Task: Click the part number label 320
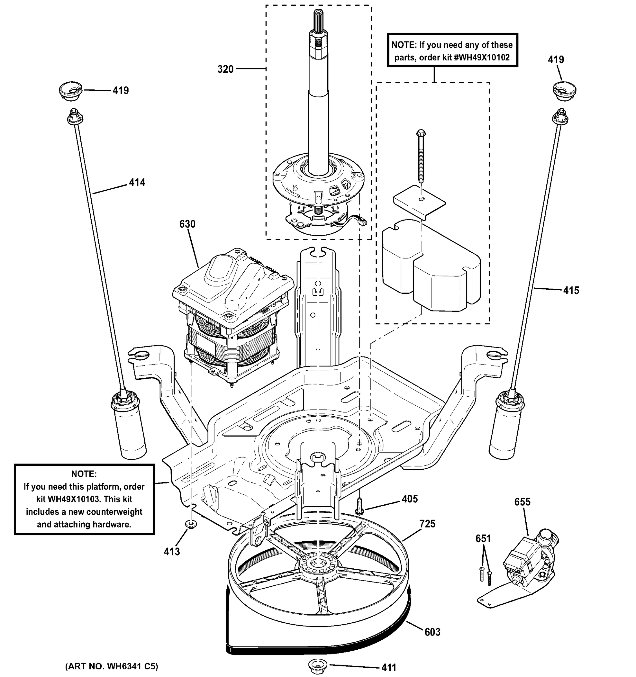point(225,69)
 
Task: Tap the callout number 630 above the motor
point(187,224)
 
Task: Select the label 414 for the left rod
point(137,183)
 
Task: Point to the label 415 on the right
point(571,291)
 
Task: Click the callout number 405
point(410,499)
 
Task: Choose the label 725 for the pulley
point(427,524)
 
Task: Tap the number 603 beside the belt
point(432,632)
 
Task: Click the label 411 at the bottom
point(388,668)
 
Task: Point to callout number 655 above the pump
point(522,502)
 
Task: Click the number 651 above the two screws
point(483,539)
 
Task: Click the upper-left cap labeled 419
point(71,91)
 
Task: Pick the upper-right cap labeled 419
point(564,91)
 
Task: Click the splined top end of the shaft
point(319,20)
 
